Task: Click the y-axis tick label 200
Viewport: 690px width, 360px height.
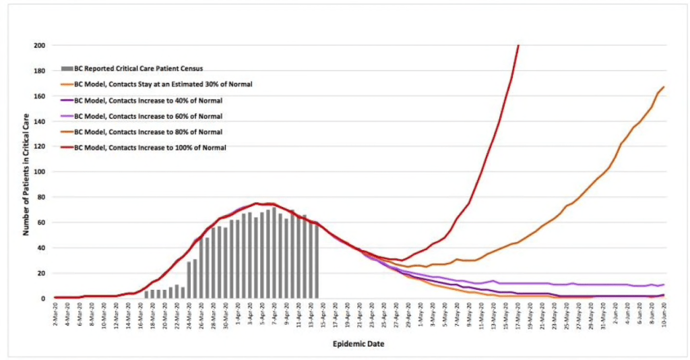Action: [x=40, y=45]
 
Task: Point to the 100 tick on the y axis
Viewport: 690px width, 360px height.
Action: [x=40, y=172]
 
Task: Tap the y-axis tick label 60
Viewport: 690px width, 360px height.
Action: [x=42, y=222]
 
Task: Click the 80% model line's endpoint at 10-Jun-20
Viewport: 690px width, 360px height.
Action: [x=664, y=86]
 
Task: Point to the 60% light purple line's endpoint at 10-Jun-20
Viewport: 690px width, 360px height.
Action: [x=664, y=284]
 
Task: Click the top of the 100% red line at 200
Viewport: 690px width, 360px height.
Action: [x=518, y=45]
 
